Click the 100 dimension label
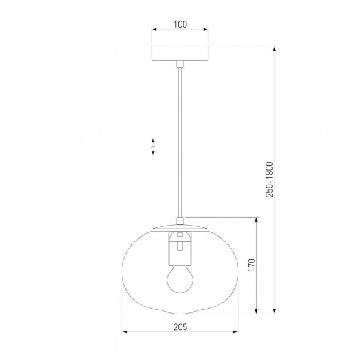(x=180, y=24)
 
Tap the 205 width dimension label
(x=180, y=327)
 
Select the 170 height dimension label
(x=252, y=265)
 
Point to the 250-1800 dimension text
(x=270, y=180)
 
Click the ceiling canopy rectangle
(x=180, y=53)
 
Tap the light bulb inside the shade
(x=180, y=279)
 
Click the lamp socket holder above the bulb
(x=180, y=248)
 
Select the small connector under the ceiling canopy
(x=180, y=64)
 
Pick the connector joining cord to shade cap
(x=180, y=221)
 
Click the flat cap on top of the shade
(x=180, y=228)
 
